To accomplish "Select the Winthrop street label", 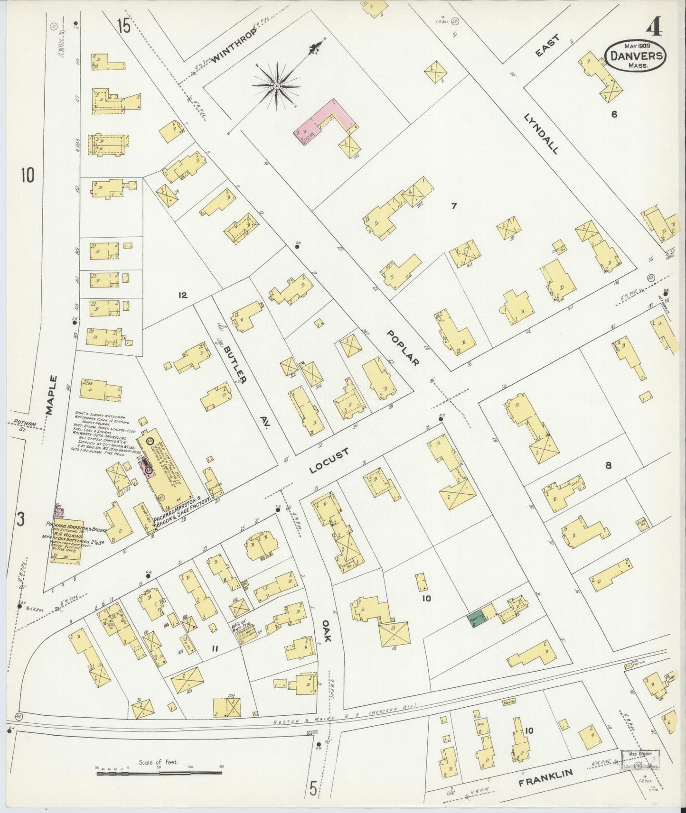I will pos(234,46).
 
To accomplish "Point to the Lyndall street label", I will pos(541,133).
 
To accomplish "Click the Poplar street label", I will pos(403,348).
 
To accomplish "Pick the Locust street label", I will pos(329,461).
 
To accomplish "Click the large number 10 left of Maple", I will pos(27,176).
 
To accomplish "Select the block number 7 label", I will pos(453,205).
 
